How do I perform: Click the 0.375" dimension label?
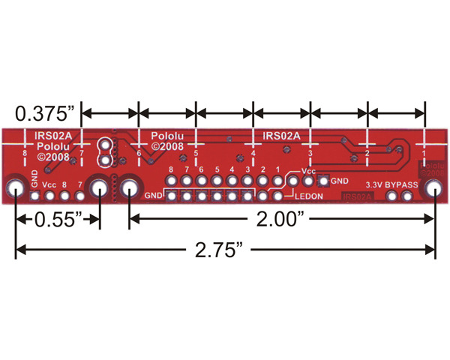tap(45, 113)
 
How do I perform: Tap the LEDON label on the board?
tap(309, 196)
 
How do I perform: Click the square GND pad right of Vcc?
tap(323, 181)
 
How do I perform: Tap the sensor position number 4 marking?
tap(253, 154)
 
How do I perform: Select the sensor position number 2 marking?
tap(367, 154)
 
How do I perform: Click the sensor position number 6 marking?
tap(139, 154)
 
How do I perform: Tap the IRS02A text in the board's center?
tap(281, 136)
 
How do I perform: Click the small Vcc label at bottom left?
tap(49, 184)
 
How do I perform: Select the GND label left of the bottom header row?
tap(153, 196)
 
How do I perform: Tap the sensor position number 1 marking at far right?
tap(425, 154)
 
